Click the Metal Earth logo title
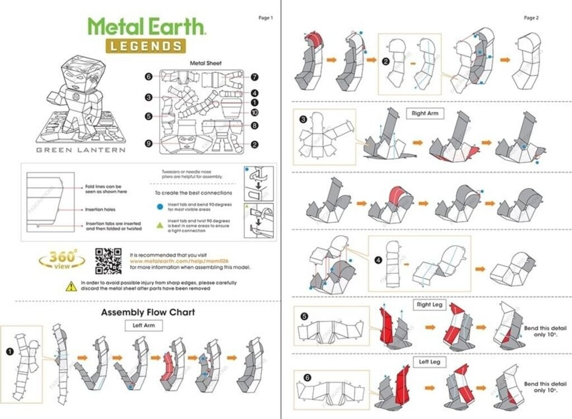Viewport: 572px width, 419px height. pos(147,27)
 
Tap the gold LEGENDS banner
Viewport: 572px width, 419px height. pos(145,46)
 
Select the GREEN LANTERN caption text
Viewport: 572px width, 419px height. pos(80,150)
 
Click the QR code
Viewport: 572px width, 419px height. pos(108,260)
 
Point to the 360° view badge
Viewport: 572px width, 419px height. pos(62,260)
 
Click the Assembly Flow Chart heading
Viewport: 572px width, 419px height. pos(147,312)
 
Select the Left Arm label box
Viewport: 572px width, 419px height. pos(144,324)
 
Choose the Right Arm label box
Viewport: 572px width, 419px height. pos(425,113)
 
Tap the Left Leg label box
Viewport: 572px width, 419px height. pos(430,362)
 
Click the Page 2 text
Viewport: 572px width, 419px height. pos(531,18)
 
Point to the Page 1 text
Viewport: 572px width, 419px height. pos(265,18)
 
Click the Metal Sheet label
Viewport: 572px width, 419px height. pos(206,63)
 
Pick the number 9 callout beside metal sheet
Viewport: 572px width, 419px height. pos(149,144)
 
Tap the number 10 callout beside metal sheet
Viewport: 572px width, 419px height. pos(254,112)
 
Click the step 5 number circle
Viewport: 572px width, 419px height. pos(304,316)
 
